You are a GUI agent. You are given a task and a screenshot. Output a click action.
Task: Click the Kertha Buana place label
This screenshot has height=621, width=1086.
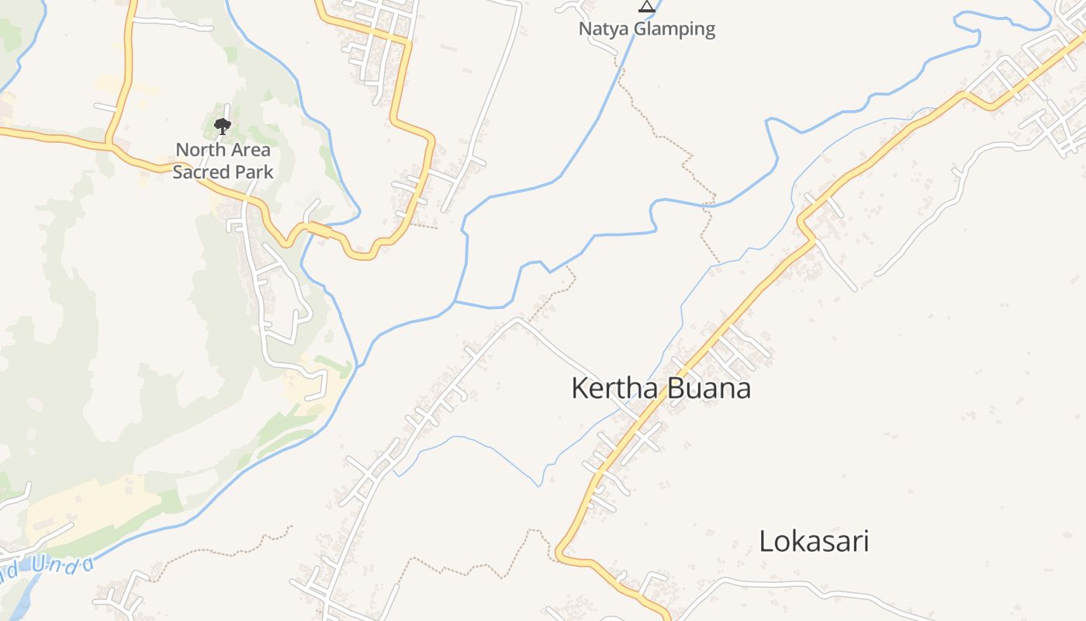point(661,388)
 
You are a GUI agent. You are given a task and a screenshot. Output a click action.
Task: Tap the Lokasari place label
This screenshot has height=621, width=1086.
point(814,541)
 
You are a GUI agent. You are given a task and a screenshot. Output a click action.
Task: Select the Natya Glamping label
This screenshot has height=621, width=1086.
point(647,29)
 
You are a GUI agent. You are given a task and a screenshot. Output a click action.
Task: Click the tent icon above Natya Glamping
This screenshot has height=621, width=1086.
point(646,6)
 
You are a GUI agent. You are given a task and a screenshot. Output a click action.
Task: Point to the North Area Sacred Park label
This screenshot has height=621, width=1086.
point(223,161)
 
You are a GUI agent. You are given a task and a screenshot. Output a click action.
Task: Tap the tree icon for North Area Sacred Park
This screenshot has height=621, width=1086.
point(223,126)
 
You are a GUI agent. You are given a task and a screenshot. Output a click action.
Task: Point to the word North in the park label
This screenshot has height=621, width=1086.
point(201,149)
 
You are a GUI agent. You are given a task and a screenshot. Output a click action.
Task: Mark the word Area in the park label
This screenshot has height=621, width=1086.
point(250,149)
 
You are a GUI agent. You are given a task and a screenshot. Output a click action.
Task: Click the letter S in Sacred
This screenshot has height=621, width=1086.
point(178,172)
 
